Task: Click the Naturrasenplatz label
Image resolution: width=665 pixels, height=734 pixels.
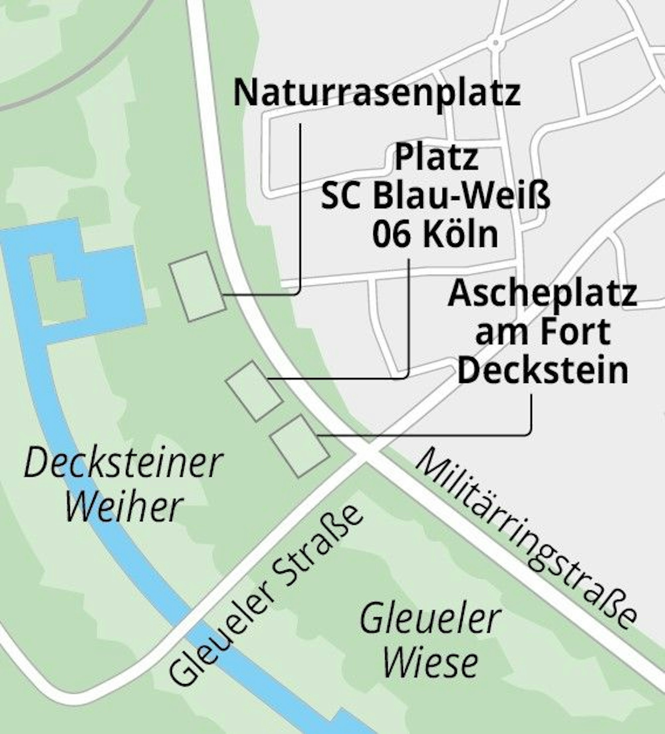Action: click(377, 93)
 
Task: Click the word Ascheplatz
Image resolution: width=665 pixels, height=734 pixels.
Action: click(543, 294)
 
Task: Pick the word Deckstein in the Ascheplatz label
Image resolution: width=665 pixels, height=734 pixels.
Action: click(543, 371)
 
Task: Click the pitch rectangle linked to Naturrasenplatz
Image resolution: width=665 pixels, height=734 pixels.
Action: click(198, 287)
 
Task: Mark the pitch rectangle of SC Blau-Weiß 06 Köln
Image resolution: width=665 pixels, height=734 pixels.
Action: click(254, 391)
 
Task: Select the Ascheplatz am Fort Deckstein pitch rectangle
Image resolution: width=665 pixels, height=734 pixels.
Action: click(300, 446)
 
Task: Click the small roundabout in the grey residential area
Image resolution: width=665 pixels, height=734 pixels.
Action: click(495, 43)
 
